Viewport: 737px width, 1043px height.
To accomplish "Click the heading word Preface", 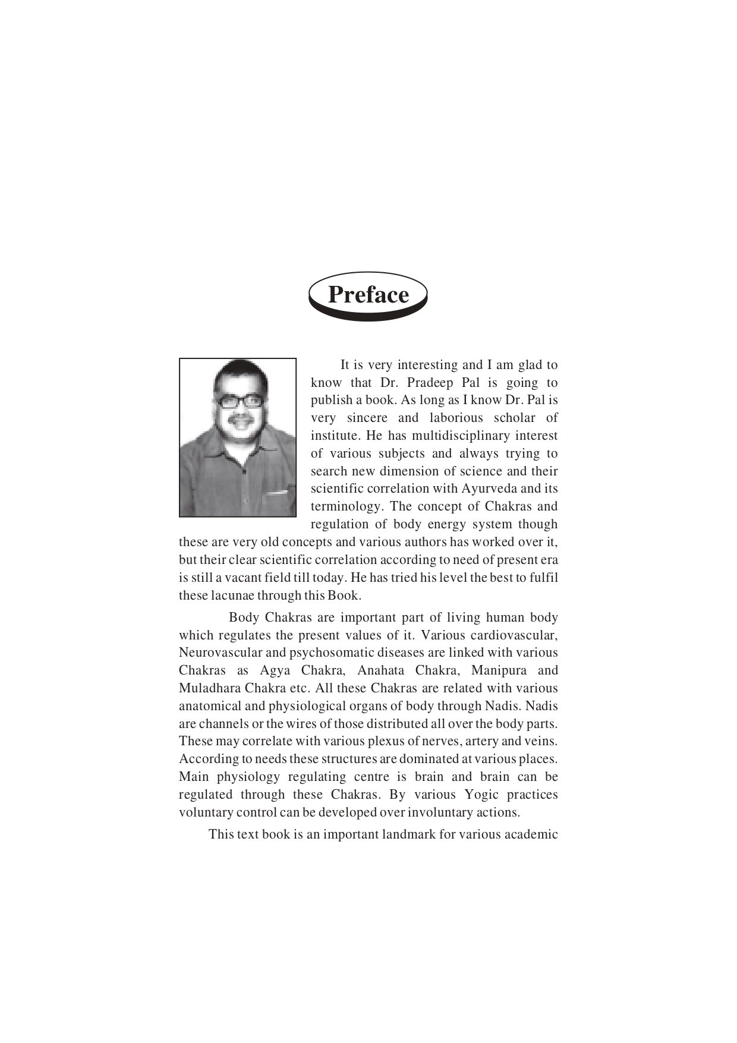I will (x=368, y=295).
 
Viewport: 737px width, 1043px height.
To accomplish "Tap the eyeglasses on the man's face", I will (x=239, y=401).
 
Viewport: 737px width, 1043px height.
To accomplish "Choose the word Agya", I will (x=275, y=670).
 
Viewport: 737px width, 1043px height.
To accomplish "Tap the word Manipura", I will (x=499, y=670).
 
